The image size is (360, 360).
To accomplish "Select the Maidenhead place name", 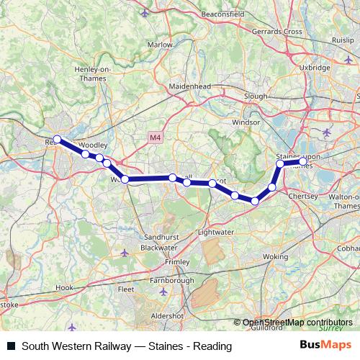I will (190, 86).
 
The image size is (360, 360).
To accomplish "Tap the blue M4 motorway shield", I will (155, 137).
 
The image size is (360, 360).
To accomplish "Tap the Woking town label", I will (275, 256).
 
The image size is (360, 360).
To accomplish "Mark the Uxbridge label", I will (314, 67).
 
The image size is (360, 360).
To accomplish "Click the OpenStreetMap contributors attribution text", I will (297, 323).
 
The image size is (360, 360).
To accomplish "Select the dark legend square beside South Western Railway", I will (12, 346).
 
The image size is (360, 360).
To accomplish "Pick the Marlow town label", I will (160, 45).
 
